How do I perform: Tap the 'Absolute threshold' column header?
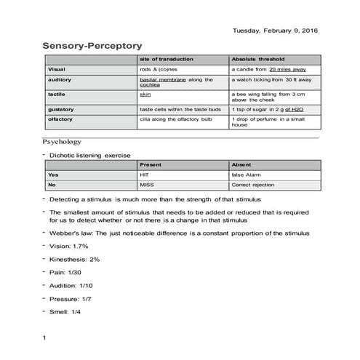pyautogui.click(x=258, y=58)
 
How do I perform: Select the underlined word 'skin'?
pyautogui.click(x=144, y=94)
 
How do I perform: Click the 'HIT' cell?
pyautogui.click(x=143, y=175)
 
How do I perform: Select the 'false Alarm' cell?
pyautogui.click(x=247, y=175)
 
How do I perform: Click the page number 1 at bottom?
pyautogui.click(x=44, y=338)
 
